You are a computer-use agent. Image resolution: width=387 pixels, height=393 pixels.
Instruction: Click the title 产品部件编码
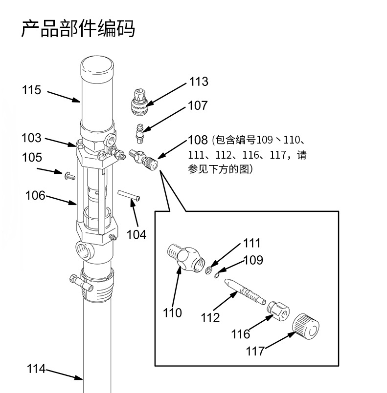pos(78,29)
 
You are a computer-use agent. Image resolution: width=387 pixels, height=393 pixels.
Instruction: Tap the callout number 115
pos(31,90)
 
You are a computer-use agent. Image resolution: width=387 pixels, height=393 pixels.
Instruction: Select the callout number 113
pos(198,82)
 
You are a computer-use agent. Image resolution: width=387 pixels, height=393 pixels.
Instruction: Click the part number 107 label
pos(198,105)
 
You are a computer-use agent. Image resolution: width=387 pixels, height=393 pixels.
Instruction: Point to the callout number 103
pos(31,138)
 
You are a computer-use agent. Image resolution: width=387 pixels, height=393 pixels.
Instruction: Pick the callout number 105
pos(31,158)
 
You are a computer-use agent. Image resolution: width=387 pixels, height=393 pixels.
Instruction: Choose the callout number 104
pos(136,234)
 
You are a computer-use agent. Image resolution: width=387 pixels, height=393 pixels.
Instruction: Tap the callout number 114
pos(36,369)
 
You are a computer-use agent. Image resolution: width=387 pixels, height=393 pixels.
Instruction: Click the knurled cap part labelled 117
pos(306,327)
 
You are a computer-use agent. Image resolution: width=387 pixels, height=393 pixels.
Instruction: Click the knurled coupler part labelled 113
pos(140,100)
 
